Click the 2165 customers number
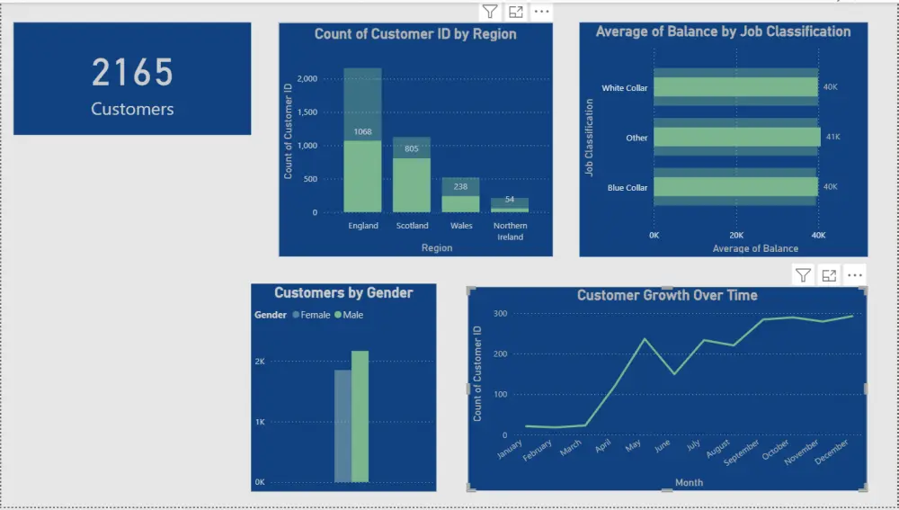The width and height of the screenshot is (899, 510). pyautogui.click(x=132, y=73)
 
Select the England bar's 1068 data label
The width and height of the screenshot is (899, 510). pyautogui.click(x=362, y=132)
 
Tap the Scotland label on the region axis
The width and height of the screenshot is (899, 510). pyautogui.click(x=412, y=226)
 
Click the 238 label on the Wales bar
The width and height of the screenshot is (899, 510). pyautogui.click(x=460, y=187)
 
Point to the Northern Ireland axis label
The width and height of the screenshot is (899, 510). pyautogui.click(x=510, y=231)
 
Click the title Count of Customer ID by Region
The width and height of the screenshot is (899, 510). pyautogui.click(x=414, y=34)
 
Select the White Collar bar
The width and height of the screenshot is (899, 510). pyautogui.click(x=734, y=87)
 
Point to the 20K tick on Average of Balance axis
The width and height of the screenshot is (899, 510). pyautogui.click(x=736, y=235)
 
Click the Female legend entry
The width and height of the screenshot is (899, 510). pyautogui.click(x=311, y=315)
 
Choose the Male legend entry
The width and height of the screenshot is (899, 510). pyautogui.click(x=349, y=315)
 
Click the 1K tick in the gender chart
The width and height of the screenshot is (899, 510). pyautogui.click(x=259, y=422)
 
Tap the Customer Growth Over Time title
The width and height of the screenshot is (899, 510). pyautogui.click(x=666, y=295)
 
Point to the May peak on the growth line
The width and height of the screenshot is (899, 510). pyautogui.click(x=644, y=339)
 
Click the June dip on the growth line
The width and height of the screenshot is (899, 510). pyautogui.click(x=674, y=373)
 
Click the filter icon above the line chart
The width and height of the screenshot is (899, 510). pyautogui.click(x=804, y=275)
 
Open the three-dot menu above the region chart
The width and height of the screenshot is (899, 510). pyautogui.click(x=541, y=12)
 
